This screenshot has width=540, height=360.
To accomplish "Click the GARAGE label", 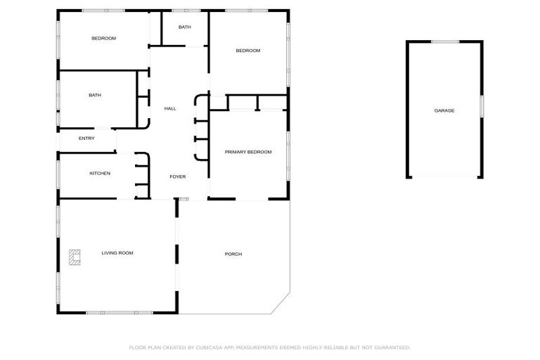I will (x=444, y=110).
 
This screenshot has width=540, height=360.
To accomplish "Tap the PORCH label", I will (x=233, y=254).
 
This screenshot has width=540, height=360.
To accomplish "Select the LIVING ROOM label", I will (x=117, y=253).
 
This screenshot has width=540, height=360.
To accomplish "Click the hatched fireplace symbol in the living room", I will (x=75, y=258).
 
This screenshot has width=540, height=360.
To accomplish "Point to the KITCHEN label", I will (x=100, y=173).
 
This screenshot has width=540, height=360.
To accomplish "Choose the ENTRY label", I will (x=86, y=139).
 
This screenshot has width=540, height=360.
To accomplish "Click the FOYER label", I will (x=178, y=176).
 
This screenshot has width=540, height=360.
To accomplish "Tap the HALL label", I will (x=170, y=109).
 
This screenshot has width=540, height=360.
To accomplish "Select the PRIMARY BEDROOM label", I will (x=248, y=152).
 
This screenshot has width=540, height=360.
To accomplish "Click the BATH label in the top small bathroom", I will (x=184, y=27).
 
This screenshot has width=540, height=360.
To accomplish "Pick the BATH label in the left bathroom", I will (x=95, y=95).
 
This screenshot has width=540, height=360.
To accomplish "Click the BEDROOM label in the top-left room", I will (x=104, y=38).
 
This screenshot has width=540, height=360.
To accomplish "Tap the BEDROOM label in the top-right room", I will (x=248, y=51).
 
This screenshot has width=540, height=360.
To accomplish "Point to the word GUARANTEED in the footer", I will (x=391, y=347).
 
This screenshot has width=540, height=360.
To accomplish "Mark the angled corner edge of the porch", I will (x=281, y=304).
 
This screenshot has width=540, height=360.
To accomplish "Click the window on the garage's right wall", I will (x=482, y=105).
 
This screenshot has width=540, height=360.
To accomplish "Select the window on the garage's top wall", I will (x=444, y=41).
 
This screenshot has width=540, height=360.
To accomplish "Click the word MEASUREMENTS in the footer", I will (x=258, y=347).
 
